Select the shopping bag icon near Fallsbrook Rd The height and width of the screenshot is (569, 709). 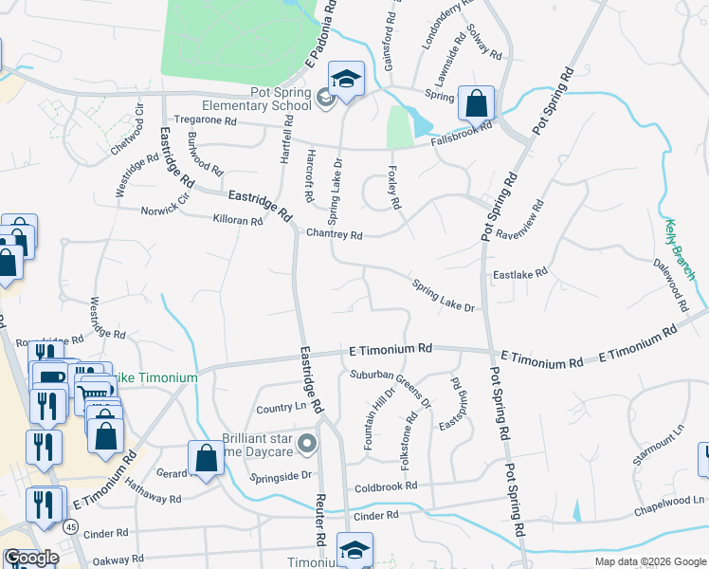pos(477,103)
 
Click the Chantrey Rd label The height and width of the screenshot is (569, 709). pos(334,234)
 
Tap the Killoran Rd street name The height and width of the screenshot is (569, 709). pos(238,220)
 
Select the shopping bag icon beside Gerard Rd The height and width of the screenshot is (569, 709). pos(206,459)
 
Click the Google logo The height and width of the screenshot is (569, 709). pos(31,558)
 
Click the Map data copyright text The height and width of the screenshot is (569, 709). pos(649,561)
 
